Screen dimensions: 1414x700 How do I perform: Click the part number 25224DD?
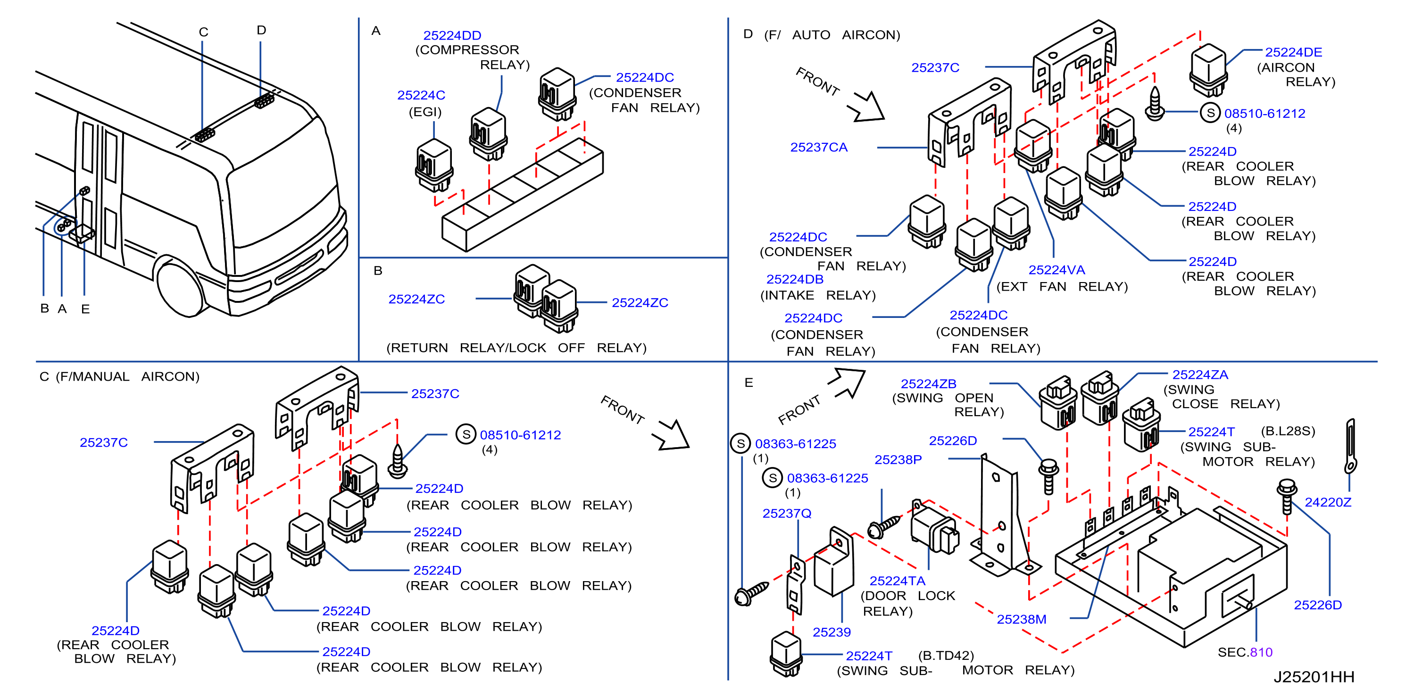coord(452,35)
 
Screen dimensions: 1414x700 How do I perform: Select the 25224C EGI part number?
coord(421,95)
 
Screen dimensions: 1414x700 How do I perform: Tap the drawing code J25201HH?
coord(1314,676)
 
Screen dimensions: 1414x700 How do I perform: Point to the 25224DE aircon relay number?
coord(1293,52)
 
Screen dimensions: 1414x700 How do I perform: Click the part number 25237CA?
coord(818,147)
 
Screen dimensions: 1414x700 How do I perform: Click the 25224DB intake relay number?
coord(794,279)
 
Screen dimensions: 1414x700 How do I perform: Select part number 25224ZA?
coord(1200,375)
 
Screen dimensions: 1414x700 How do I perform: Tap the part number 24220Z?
coord(1328,502)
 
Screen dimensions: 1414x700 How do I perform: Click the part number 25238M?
coord(1022,619)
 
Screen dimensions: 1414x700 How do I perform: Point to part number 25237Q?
coord(787,513)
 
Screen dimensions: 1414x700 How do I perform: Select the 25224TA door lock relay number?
coord(897,580)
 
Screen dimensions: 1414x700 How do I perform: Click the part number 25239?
coord(832,632)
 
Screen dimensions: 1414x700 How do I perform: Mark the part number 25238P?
coord(898,459)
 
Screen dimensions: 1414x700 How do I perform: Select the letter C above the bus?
coord(203,32)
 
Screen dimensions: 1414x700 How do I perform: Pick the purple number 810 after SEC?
coord(1261,652)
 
